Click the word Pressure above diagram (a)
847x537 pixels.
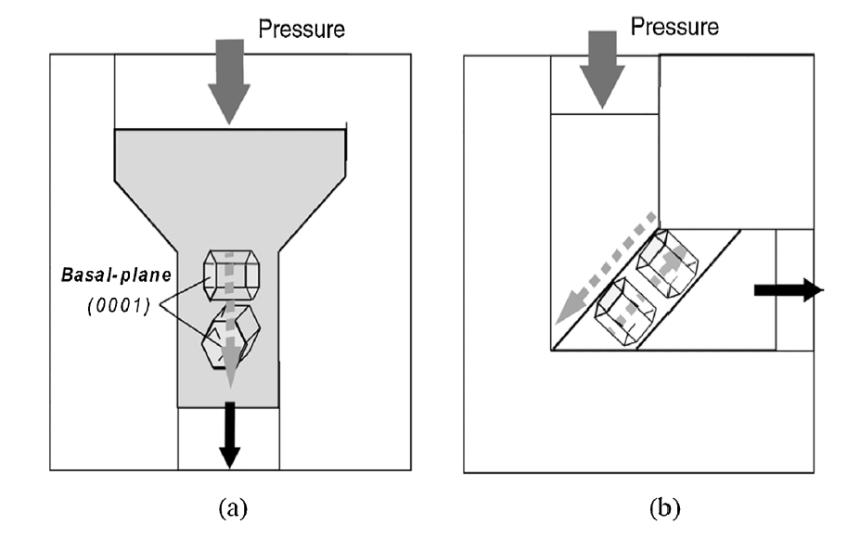[x=302, y=30]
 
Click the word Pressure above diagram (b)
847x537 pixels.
[x=674, y=26]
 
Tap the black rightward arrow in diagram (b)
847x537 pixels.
[x=787, y=290]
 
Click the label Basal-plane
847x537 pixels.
[x=102, y=275]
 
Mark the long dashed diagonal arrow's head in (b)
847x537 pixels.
[x=562, y=318]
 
